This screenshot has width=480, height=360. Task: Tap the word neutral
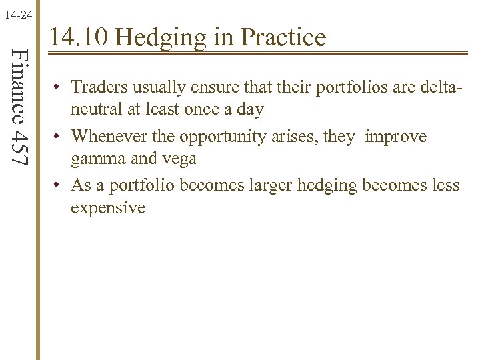coord(95,110)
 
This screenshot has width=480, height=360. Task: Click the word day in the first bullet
coord(249,110)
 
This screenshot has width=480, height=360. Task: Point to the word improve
coord(397,137)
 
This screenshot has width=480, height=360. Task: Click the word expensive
coord(108,207)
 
